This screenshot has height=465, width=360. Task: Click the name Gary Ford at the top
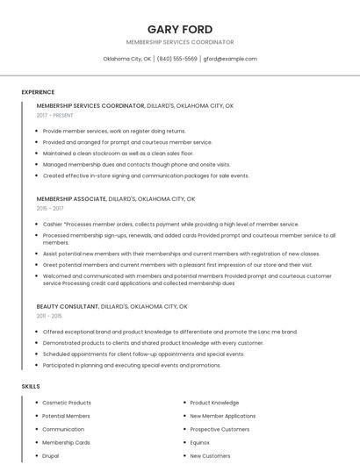pos(180,29)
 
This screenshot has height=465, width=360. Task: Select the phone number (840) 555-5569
pos(176,59)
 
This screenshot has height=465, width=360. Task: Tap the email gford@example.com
pos(230,59)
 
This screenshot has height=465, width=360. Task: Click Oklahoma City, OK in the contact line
pos(126,59)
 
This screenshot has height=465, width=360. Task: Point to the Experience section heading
pos(38,92)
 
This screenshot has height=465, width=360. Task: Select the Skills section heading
pos(31,386)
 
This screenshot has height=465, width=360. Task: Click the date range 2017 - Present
pos(55,115)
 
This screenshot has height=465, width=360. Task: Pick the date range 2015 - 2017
pos(50,209)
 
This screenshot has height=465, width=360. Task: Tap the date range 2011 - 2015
pos(49,316)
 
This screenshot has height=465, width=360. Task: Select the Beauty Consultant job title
pos(68,306)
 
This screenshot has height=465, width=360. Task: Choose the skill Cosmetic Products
pos(67,403)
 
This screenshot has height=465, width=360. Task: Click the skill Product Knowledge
pos(214,403)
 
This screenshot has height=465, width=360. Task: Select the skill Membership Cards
pos(66,443)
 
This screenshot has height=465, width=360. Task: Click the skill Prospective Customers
pos(220,430)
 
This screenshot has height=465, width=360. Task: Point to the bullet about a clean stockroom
pos(118,153)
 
